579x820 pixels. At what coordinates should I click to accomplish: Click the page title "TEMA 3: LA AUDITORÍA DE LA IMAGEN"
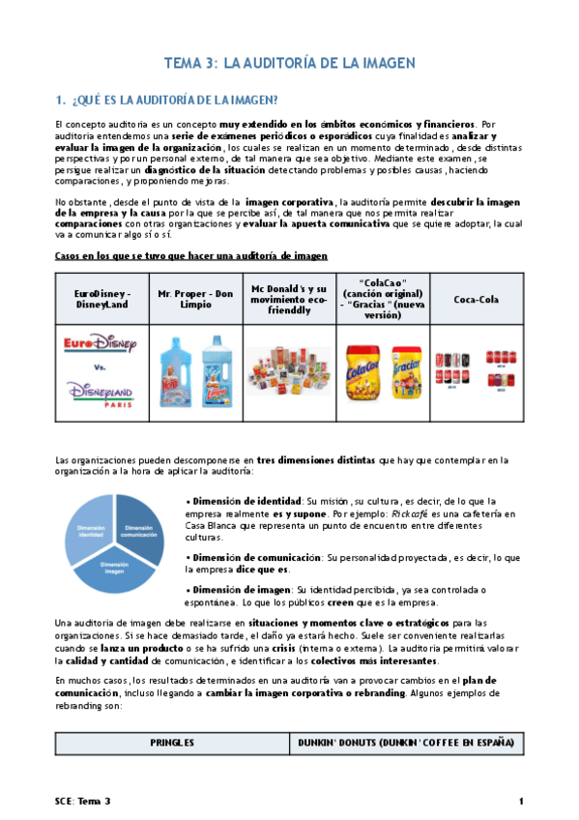(290, 63)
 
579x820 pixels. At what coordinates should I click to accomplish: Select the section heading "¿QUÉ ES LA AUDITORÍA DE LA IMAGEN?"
(167, 99)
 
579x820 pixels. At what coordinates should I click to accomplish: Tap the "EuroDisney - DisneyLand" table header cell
(101, 299)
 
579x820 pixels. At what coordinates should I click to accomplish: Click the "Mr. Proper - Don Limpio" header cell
(195, 299)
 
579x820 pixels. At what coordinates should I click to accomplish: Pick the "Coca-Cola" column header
(477, 299)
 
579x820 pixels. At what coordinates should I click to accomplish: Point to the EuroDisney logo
(101, 345)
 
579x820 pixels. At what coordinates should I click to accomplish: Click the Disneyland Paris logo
(101, 394)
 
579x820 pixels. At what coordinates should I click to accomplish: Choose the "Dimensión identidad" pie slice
(90, 530)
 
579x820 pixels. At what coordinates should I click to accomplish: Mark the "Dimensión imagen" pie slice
(113, 571)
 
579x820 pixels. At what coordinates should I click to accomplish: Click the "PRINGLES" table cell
(172, 743)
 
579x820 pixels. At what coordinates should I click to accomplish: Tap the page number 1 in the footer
(520, 802)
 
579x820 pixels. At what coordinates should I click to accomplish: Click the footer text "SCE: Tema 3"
(83, 802)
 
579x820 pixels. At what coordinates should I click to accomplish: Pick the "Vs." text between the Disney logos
(101, 368)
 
